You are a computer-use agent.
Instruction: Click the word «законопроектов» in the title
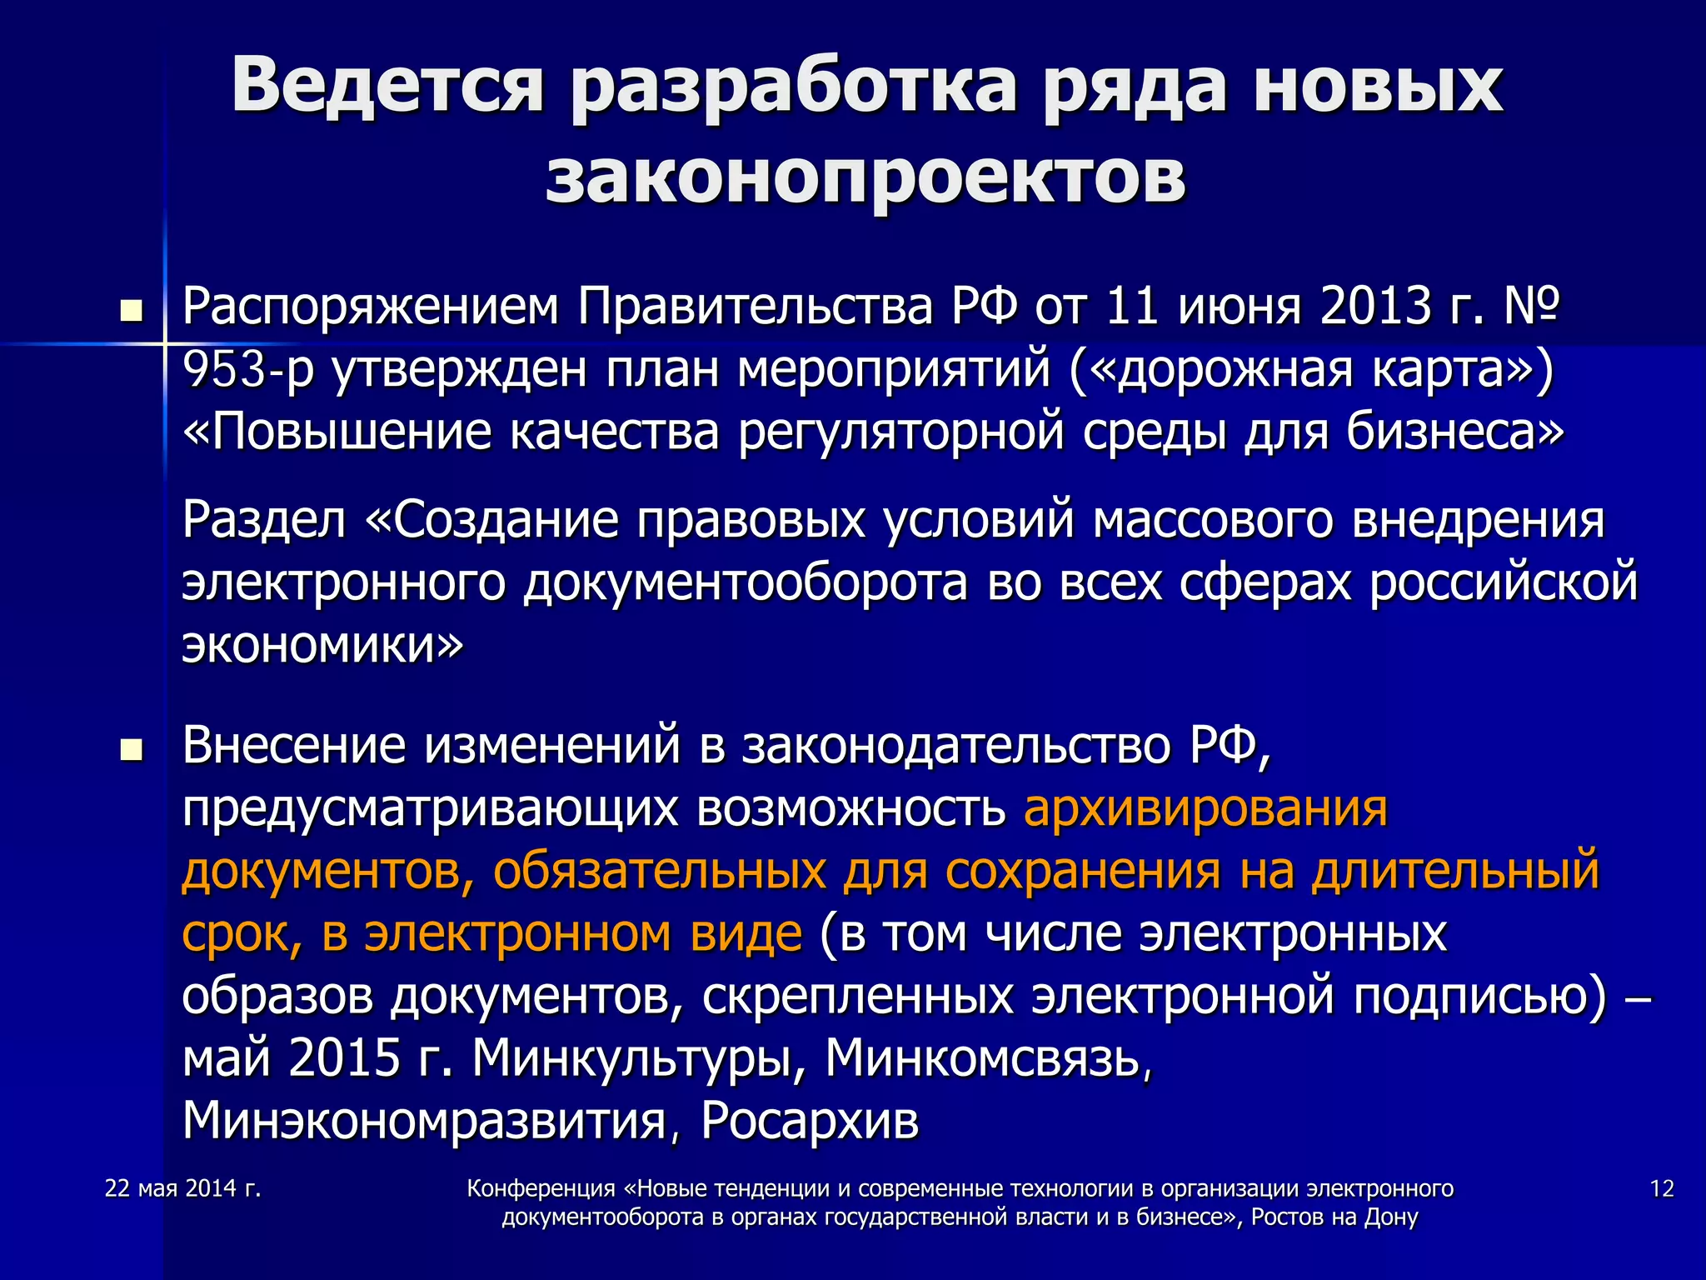coord(865,177)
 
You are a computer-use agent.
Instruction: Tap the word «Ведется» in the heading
coord(388,85)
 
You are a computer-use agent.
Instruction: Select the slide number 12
coord(1661,1188)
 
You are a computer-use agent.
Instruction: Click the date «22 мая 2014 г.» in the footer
coord(183,1188)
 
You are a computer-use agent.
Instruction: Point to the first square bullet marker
coord(131,312)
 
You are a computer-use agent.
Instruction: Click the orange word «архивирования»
coord(1205,808)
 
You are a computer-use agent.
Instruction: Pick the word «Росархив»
coord(810,1121)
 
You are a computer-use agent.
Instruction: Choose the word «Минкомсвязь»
coord(988,1058)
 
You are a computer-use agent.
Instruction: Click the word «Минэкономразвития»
coord(424,1121)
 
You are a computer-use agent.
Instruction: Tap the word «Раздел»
coord(264,520)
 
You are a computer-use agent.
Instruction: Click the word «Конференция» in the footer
coord(541,1188)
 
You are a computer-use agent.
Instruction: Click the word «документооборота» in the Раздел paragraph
coord(746,582)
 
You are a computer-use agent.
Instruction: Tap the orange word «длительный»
coord(1455,871)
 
